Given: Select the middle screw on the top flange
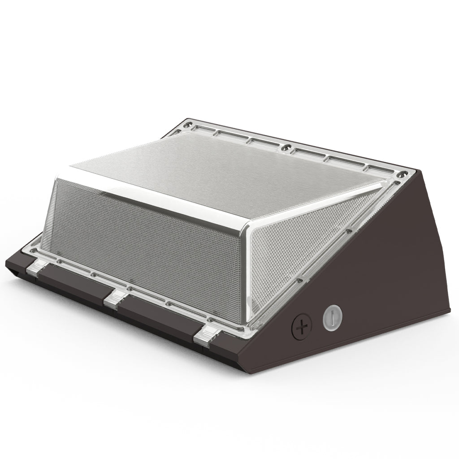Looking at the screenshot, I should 284,147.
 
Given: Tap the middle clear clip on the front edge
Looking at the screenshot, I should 114,298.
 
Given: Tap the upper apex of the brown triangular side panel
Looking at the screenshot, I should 419,173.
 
